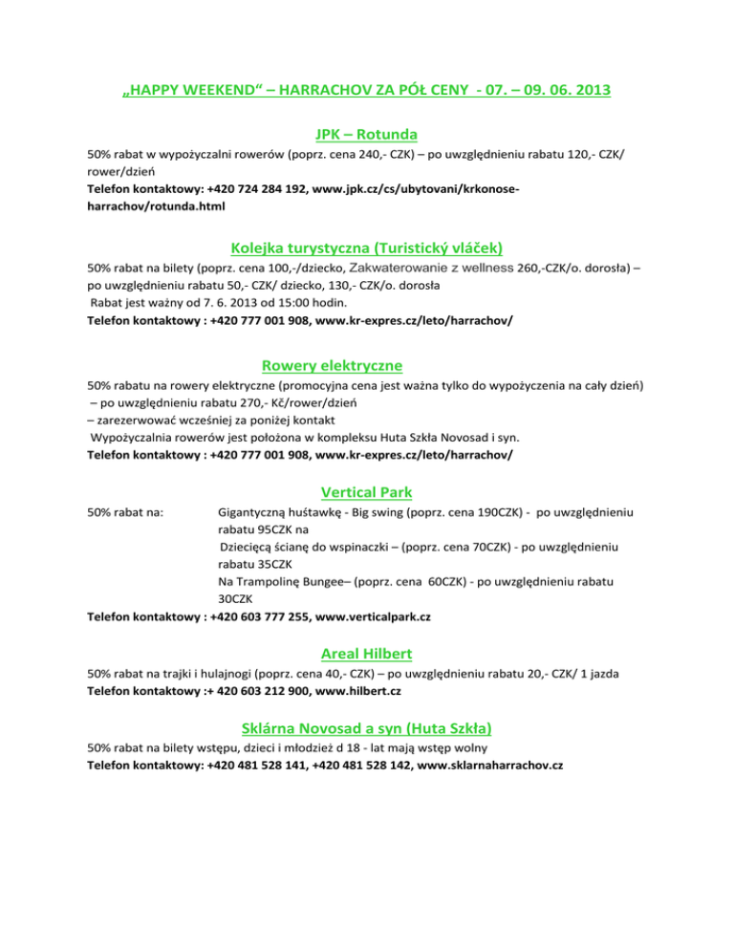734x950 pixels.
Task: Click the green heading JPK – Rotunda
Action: click(x=366, y=135)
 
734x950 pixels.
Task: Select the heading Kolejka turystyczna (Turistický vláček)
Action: click(x=366, y=247)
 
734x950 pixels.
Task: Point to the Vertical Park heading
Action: click(x=366, y=493)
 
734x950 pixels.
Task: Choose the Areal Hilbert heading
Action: click(x=366, y=654)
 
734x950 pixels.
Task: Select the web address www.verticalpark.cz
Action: click(x=370, y=616)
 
